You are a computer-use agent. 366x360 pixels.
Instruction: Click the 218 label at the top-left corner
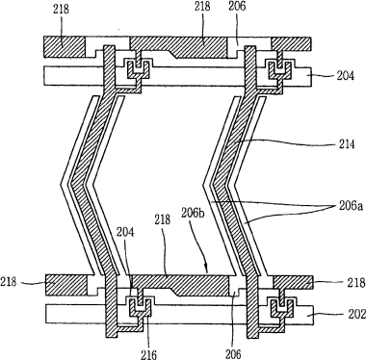tap(61, 9)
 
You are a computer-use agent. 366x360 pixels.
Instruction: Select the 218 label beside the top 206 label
tap(202, 6)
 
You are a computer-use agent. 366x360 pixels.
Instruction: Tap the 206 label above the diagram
tap(237, 6)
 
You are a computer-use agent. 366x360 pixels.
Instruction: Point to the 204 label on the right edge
tap(346, 75)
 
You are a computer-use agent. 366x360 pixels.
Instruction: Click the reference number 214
tap(346, 144)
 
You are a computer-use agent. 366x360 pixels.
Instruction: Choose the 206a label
tap(350, 206)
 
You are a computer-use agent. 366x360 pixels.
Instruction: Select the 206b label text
tap(192, 213)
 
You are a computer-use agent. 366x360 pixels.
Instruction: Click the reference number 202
tap(356, 314)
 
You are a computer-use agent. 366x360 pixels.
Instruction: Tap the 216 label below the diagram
tap(148, 354)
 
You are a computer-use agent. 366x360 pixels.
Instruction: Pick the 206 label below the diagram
tap(233, 354)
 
